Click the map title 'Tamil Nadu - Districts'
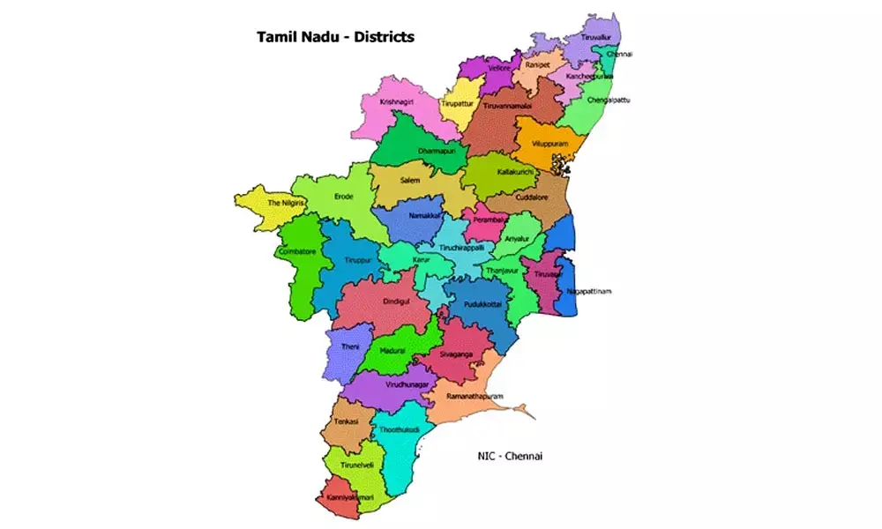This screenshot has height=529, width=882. coord(334,38)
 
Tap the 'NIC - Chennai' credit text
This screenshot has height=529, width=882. coord(505,456)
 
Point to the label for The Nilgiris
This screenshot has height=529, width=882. coord(286,203)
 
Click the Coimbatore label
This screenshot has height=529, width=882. coord(296,250)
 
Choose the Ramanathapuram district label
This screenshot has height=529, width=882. coord(475,397)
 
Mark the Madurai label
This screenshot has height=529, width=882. coord(392,350)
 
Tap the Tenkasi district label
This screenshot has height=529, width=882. coord(346,422)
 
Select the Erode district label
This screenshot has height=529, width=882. coord(344,196)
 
